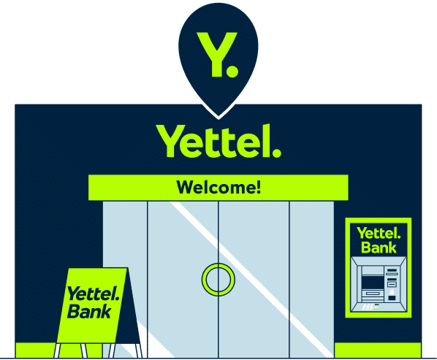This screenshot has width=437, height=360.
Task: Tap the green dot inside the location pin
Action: (x=232, y=71)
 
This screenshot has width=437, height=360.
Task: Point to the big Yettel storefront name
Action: (x=218, y=141)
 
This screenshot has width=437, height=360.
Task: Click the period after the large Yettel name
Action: (x=276, y=153)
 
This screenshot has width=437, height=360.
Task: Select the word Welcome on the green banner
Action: (x=216, y=187)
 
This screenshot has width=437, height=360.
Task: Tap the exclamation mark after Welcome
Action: (x=259, y=187)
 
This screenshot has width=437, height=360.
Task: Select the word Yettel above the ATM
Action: (x=379, y=234)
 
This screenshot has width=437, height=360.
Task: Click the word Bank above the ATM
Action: (x=379, y=248)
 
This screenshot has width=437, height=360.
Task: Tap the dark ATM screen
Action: (x=373, y=283)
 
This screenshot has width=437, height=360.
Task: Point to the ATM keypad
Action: (x=368, y=307)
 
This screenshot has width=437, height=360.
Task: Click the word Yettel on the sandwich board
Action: (x=93, y=294)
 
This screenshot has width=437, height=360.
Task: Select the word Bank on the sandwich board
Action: (x=89, y=311)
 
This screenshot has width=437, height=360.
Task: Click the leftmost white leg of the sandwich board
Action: (x=57, y=351)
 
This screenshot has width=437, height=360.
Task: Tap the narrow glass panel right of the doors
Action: (x=311, y=279)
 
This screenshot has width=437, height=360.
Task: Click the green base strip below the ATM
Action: (x=378, y=351)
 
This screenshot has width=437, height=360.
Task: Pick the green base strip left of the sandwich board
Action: (x=35, y=351)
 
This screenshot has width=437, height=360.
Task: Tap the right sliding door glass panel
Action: (x=254, y=279)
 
